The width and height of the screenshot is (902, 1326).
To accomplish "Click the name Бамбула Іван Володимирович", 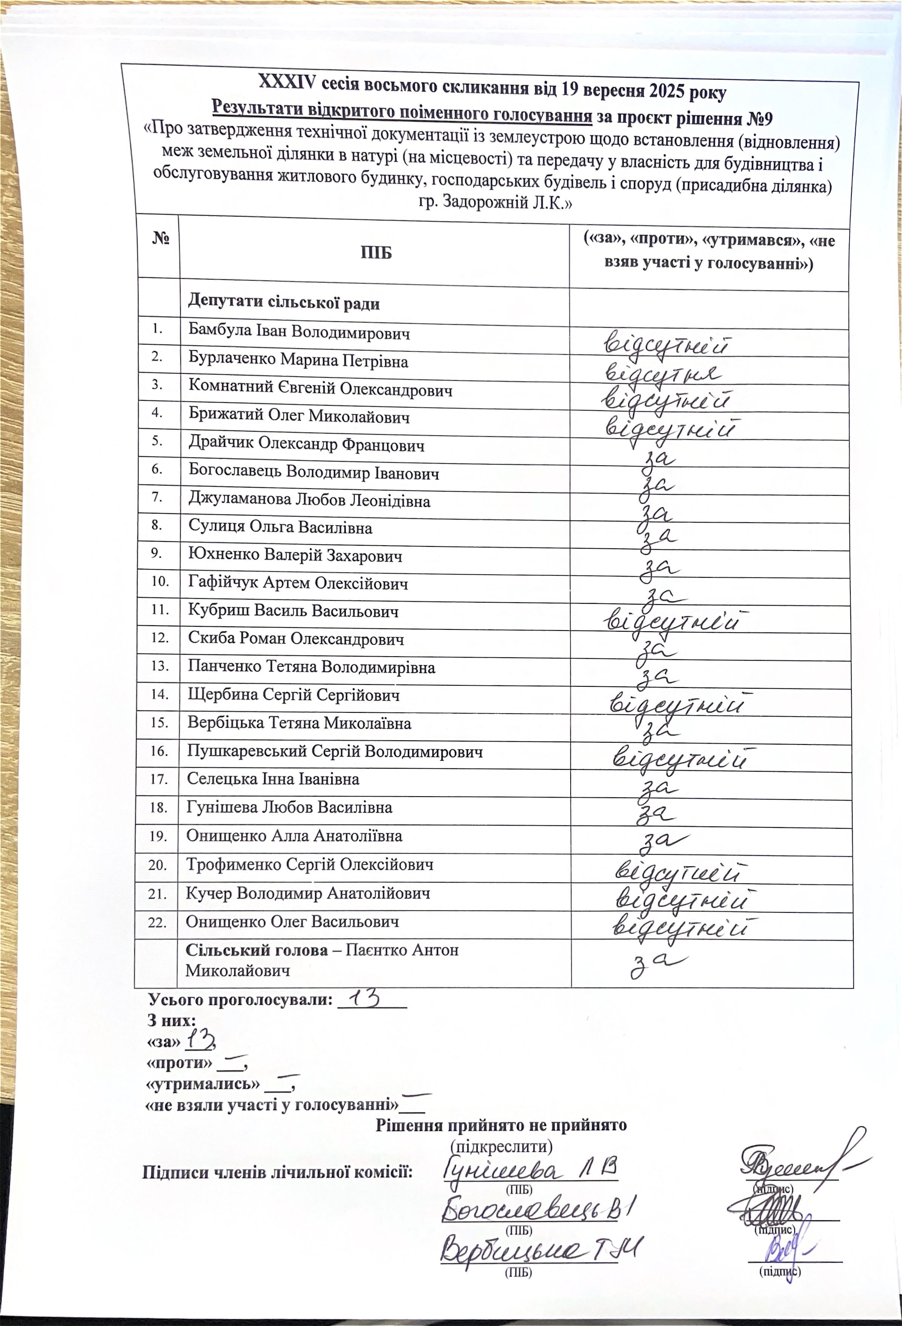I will [x=299, y=331].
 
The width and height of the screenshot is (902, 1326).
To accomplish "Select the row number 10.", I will [x=160, y=581].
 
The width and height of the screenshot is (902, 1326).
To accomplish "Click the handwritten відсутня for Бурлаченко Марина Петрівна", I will [x=662, y=374].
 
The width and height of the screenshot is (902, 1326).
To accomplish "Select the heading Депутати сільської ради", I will [x=283, y=302].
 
